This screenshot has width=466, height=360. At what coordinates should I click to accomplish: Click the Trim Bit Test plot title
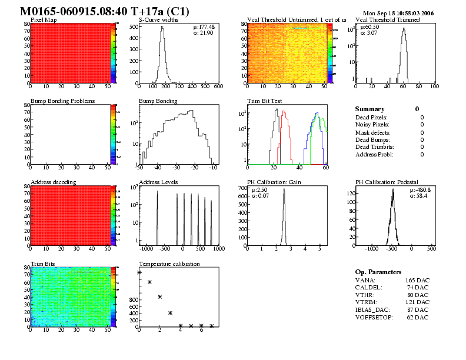coord(265,101)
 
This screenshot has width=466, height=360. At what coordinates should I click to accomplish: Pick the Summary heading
coord(370,109)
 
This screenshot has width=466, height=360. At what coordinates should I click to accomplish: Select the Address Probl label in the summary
coord(374,154)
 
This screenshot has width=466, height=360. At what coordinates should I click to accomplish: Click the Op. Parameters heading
coord(378,272)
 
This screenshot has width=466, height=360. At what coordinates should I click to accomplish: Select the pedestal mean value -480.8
coord(423,189)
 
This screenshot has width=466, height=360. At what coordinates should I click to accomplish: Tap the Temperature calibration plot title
coord(169,264)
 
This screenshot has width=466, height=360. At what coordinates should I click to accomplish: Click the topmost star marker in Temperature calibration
coord(139,272)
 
